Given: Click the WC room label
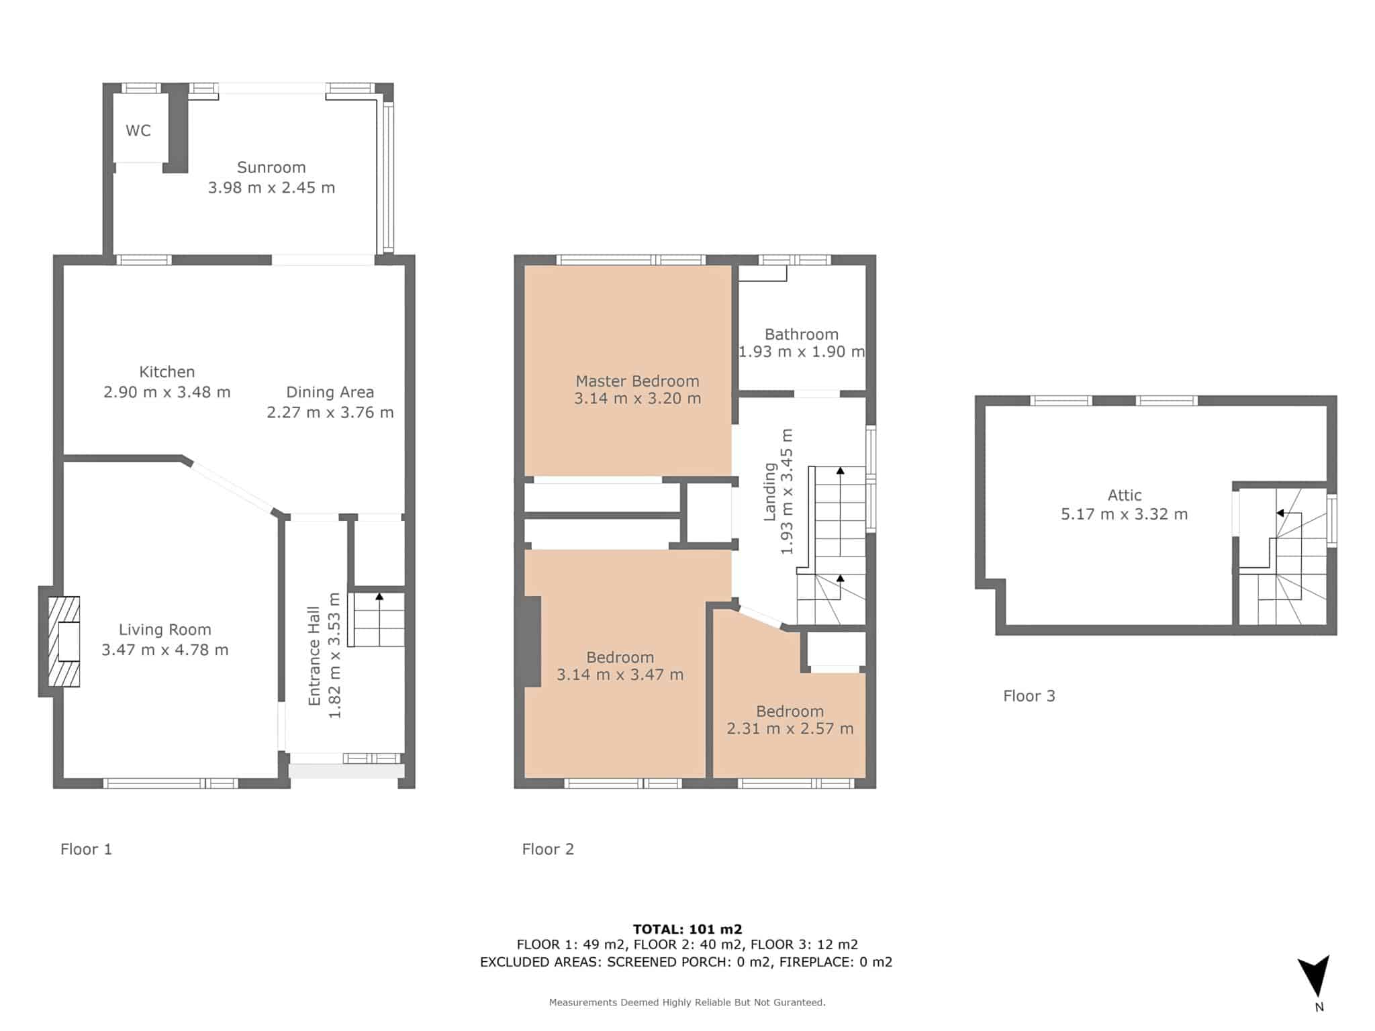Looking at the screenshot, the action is [x=138, y=130].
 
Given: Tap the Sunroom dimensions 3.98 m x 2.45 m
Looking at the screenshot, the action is [x=271, y=187].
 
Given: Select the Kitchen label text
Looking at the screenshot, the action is [x=167, y=371].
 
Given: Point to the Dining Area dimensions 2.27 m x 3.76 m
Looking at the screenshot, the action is [x=330, y=412].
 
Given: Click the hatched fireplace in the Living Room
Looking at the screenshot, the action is [x=64, y=642].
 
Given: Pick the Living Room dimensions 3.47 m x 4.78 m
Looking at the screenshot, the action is [x=165, y=650].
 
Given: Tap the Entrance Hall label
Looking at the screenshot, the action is [x=314, y=656].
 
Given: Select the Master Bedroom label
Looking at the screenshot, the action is [x=637, y=381].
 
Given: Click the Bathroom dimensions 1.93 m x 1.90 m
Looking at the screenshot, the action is [x=802, y=351].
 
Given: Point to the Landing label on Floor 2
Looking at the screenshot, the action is [x=770, y=492].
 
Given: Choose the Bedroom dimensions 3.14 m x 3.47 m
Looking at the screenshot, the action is [x=620, y=675].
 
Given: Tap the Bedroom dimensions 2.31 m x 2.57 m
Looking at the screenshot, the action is [x=790, y=728].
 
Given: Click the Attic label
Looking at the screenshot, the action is [x=1125, y=495].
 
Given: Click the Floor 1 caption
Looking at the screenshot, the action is [x=86, y=849].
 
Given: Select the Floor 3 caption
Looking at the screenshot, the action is [x=1029, y=696].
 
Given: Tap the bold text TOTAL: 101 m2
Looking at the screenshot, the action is [x=687, y=930].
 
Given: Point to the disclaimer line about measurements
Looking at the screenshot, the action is [x=687, y=1002].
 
